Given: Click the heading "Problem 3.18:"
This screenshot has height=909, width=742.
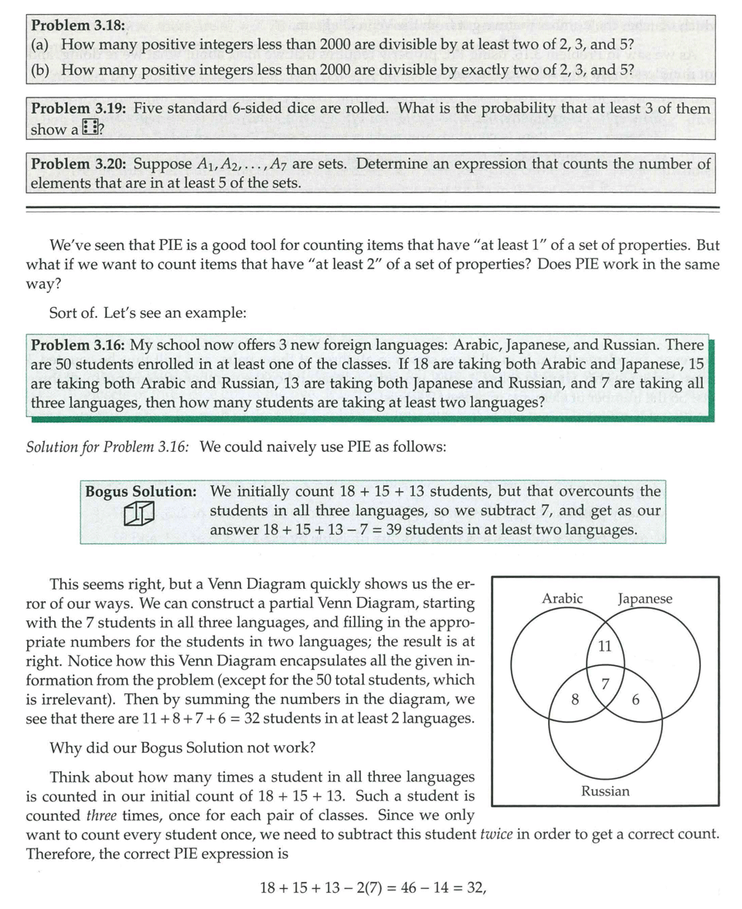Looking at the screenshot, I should [78, 26].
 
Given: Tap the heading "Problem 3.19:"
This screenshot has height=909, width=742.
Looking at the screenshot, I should [78, 108].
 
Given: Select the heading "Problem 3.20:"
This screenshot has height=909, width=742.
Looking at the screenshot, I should [78, 164].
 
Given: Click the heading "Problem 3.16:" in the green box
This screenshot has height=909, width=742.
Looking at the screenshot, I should [78, 345].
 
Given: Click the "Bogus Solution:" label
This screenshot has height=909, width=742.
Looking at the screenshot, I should [140, 491].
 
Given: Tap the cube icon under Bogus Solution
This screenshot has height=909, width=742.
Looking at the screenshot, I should [140, 514].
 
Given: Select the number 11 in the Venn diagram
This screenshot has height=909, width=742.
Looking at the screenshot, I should [605, 647].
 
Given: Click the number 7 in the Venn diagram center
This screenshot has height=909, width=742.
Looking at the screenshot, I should [606, 682].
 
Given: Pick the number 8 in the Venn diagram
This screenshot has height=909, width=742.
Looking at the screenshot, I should [574, 699].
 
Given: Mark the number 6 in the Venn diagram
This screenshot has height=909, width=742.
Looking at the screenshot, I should [636, 699].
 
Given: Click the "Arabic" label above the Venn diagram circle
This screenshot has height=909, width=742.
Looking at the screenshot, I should [563, 598].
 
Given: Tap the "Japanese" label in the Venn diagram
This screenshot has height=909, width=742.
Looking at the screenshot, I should [645, 598].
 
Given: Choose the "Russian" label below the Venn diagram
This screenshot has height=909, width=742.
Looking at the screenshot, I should [605, 791].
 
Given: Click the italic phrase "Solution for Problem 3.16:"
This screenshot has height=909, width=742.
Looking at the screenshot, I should [107, 447].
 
